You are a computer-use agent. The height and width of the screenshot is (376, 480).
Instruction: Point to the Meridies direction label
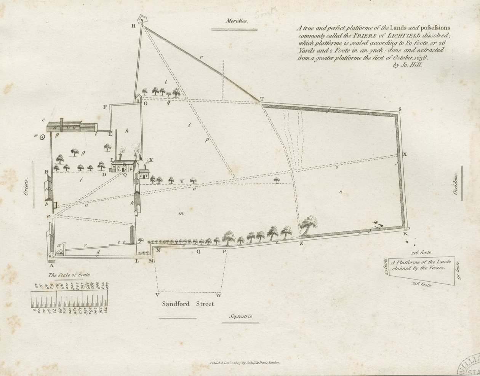coord(236,21)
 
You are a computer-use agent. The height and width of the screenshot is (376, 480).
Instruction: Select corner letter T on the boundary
coord(262,99)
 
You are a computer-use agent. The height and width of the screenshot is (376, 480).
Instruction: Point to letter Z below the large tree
coord(301,244)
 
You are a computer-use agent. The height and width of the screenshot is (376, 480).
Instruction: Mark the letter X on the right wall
coord(405,154)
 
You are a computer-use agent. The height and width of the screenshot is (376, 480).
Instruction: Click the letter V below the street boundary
coord(158,295)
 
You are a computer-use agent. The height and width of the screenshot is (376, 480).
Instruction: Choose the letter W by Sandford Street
coord(218,295)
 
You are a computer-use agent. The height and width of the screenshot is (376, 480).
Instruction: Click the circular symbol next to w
coord(43,136)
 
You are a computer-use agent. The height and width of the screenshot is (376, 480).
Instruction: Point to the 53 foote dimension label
coord(386,267)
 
